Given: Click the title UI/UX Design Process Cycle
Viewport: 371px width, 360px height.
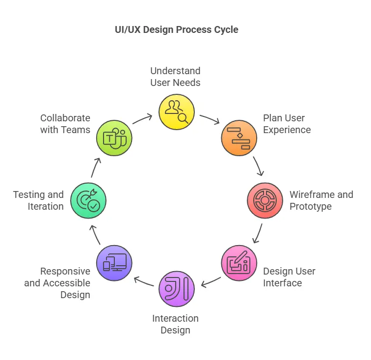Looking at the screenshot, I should (x=176, y=29).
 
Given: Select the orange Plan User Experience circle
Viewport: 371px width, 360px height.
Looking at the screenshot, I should (x=239, y=138).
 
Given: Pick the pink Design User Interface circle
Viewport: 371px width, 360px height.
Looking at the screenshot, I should (x=239, y=263).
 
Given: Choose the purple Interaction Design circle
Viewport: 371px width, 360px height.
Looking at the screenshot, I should (x=176, y=289).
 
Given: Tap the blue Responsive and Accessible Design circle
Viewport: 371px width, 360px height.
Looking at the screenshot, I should (x=114, y=263).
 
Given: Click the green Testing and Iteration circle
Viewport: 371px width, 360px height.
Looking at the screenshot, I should (x=88, y=200).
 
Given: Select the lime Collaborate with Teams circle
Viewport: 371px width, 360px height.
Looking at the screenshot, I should (x=114, y=138).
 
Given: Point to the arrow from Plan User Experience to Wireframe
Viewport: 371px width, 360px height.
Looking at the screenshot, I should (x=259, y=166).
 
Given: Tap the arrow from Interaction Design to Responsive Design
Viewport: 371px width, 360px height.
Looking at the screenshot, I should (x=143, y=281).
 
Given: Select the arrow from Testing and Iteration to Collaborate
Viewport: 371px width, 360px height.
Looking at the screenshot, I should (x=95, y=167).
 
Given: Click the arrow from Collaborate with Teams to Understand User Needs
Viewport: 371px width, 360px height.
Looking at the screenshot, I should (x=142, y=119).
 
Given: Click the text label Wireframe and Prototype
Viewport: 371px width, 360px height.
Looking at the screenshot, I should (x=321, y=200).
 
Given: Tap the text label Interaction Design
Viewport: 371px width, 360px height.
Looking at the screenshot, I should (x=175, y=324).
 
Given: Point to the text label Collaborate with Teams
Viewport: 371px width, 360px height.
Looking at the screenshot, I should (x=65, y=124).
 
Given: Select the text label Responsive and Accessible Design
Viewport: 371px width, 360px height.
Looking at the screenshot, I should (x=58, y=283).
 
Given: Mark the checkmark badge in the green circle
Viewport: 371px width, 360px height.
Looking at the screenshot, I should (x=93, y=205).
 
